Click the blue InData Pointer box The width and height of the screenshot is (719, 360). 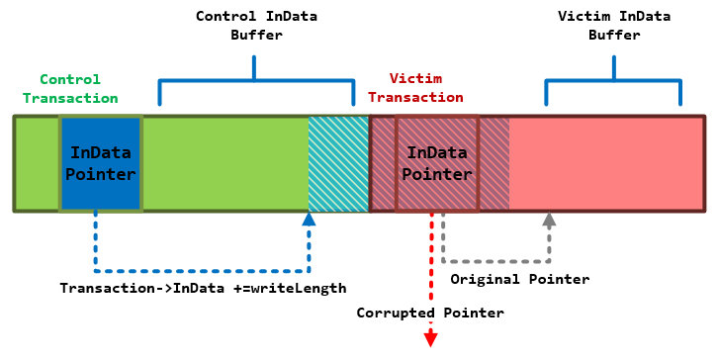point(101,163)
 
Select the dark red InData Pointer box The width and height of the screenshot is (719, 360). point(437,163)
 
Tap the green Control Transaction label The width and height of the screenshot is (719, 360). point(70,88)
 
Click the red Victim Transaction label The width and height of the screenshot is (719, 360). point(425,88)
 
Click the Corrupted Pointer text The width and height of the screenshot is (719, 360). point(431,313)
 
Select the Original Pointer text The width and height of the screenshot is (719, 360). point(519,279)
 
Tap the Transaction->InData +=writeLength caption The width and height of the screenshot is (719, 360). point(203,288)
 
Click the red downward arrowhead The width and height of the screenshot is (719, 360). point(431,339)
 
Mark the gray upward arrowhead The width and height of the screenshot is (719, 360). point(550,219)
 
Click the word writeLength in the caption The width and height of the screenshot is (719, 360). point(299,288)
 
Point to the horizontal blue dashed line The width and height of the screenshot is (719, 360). point(202,269)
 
